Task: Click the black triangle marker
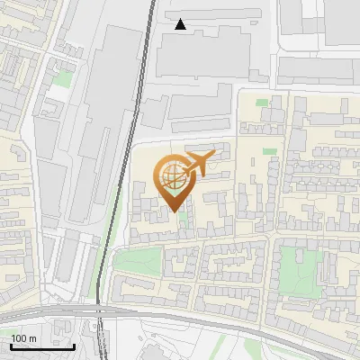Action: point(181,24)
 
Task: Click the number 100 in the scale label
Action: point(20,338)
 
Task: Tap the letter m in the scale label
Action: point(33,338)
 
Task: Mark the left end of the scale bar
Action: point(12,346)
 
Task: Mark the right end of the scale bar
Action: point(74,346)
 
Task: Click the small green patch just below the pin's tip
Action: point(184,218)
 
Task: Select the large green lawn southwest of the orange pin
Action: point(139,262)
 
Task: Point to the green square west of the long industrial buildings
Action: point(62,79)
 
